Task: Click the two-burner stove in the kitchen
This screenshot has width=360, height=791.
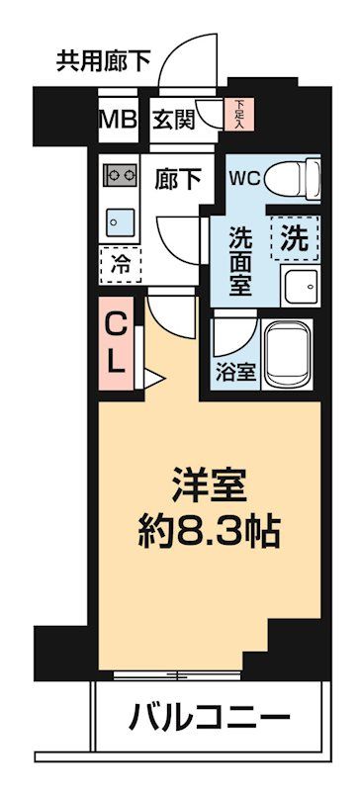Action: (120, 176)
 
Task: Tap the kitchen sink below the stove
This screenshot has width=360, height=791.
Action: (118, 218)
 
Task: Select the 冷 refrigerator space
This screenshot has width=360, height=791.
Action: (121, 264)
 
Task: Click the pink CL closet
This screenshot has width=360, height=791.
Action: (117, 342)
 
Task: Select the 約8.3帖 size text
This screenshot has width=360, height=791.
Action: (208, 535)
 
